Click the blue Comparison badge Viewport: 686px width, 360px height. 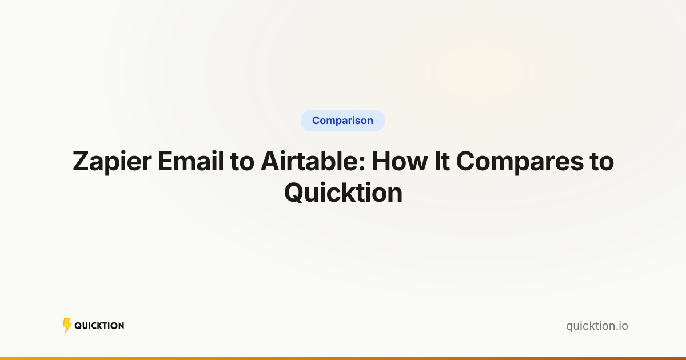pos(342,121)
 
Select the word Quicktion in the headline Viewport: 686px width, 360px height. pos(343,193)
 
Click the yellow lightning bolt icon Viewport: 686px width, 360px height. pos(67,326)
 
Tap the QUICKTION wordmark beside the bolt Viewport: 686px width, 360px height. pos(99,326)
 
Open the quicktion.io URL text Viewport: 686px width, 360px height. pos(597,326)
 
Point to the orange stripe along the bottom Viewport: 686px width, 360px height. pos(343,358)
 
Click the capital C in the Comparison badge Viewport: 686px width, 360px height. pos(316,121)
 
